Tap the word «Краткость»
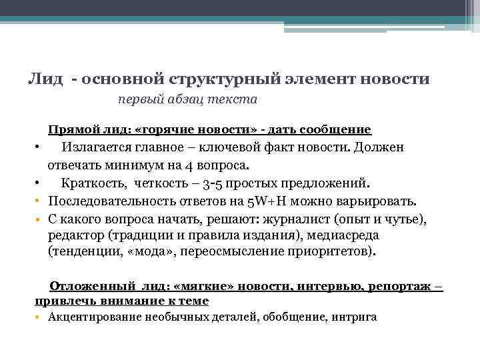click(x=95, y=183)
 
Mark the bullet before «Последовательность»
click(x=39, y=201)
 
